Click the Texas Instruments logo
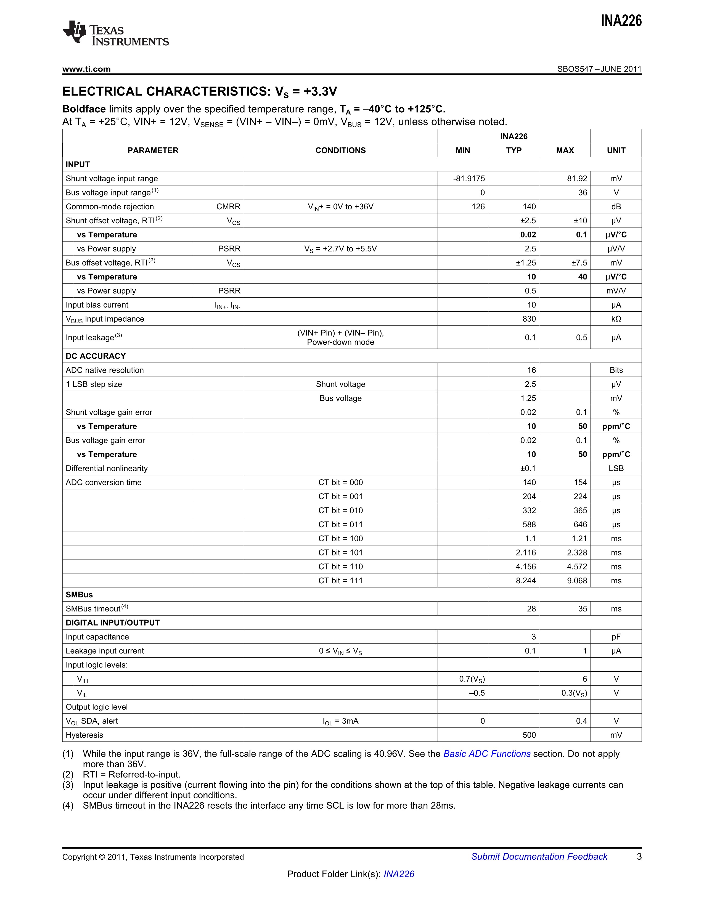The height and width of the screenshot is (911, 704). pos(115,33)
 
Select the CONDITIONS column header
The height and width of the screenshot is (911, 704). pos(340,150)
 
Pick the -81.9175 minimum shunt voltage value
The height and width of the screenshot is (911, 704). pos(469,179)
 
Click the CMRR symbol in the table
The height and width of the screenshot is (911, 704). pos(228,206)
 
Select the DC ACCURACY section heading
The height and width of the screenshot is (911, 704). pos(96,356)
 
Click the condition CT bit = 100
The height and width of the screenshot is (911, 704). pos(340,539)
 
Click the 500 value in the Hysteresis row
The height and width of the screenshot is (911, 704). pos(529,735)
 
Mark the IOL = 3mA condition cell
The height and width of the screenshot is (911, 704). pos(340,721)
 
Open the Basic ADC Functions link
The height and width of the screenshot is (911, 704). pos(487,754)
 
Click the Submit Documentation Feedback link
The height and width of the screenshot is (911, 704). pos(539,856)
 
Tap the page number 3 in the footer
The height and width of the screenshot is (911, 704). pos(639,856)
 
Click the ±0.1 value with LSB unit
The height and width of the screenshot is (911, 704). pos(528,468)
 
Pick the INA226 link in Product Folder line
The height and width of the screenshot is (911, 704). pos(399,874)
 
